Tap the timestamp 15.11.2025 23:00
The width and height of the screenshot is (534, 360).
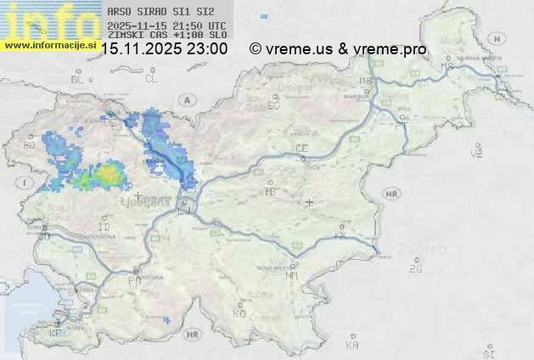[x=164, y=49]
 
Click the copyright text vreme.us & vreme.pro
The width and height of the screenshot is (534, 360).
[x=338, y=49]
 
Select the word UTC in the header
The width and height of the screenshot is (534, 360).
[x=216, y=26]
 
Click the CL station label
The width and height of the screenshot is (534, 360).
[x=151, y=79]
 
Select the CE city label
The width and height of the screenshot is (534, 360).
[x=301, y=149]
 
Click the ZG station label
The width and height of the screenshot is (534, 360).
[x=415, y=269]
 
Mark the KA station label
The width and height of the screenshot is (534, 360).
[x=352, y=345]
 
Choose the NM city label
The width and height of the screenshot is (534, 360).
[x=293, y=275]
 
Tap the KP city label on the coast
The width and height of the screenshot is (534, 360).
[x=56, y=334]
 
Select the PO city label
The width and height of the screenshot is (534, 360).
[x=133, y=280]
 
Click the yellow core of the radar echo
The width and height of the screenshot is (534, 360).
[x=109, y=176]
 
